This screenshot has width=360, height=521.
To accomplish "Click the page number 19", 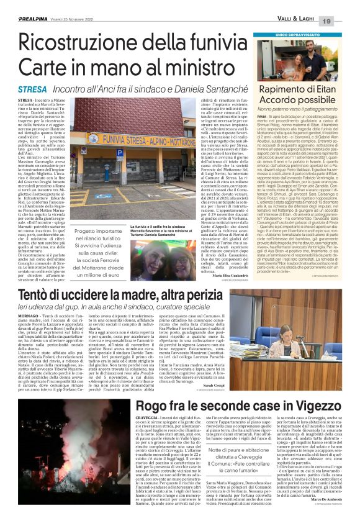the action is pos(344,5).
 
